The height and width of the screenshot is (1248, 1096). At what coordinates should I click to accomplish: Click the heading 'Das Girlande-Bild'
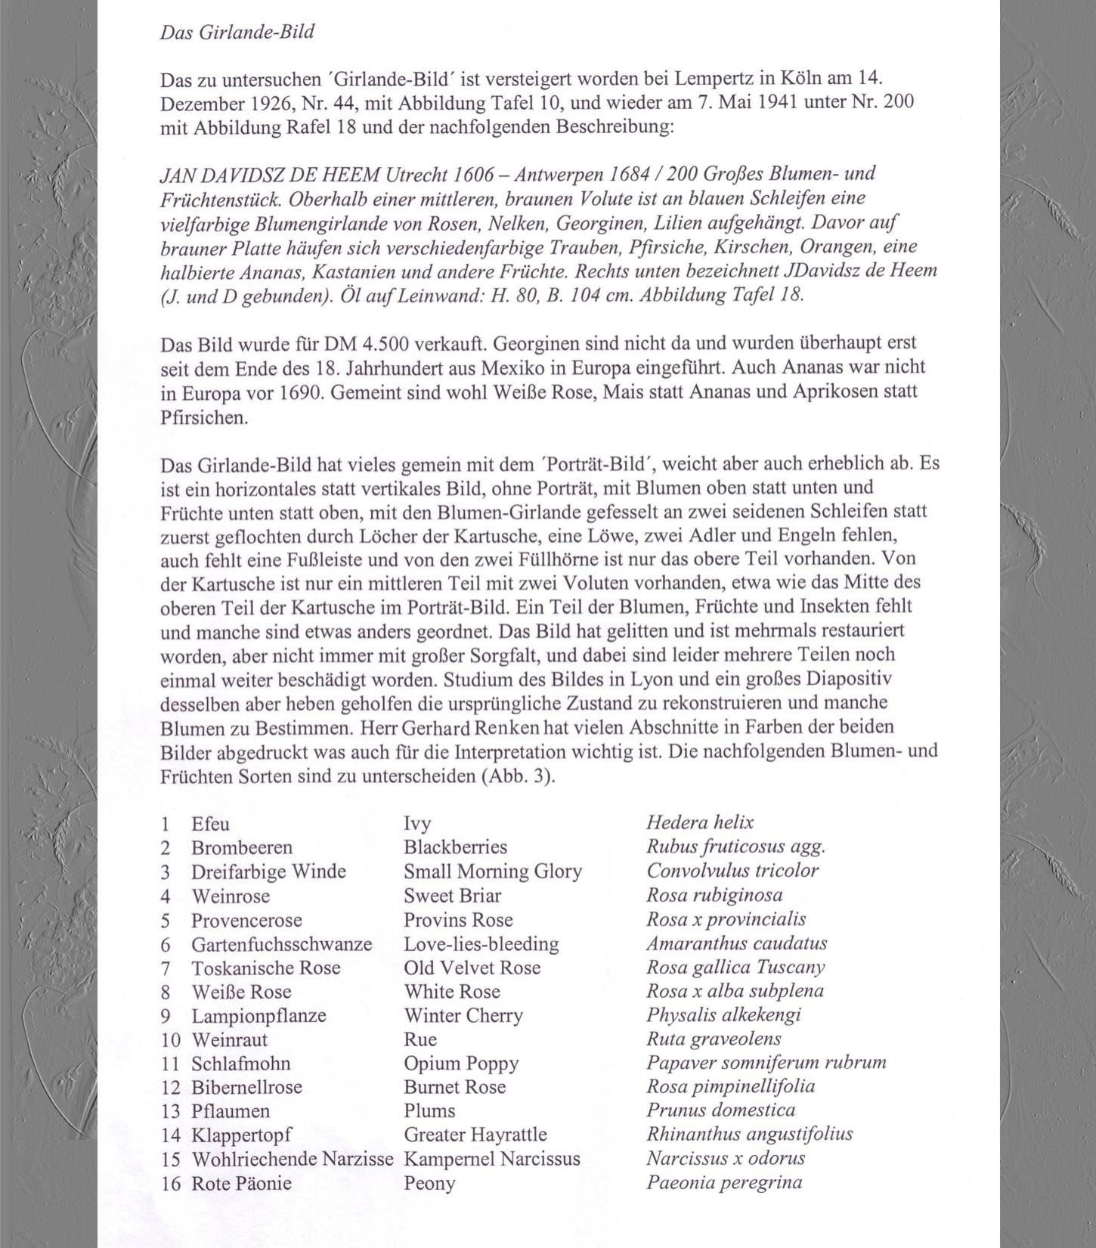[x=237, y=32]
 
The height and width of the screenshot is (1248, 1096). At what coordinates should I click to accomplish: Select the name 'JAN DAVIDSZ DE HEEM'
[x=270, y=175]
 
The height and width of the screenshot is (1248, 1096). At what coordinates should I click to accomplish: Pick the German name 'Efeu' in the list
[x=210, y=823]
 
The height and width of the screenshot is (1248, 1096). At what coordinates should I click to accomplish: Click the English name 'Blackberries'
[x=455, y=847]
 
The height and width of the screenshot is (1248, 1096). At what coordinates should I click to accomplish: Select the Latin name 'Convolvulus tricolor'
[x=732, y=870]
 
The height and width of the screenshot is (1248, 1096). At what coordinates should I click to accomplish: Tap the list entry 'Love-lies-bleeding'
[x=481, y=943]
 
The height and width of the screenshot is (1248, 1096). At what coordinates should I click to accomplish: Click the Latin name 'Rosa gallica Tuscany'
[x=735, y=967]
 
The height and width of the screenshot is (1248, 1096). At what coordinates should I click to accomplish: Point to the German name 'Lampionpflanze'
[x=259, y=1015]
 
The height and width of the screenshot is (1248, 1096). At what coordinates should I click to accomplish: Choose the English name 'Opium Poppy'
[x=461, y=1063]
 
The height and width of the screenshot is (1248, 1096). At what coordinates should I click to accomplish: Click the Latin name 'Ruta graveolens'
[x=714, y=1039]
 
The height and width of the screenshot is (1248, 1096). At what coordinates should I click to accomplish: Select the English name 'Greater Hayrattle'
[x=475, y=1134]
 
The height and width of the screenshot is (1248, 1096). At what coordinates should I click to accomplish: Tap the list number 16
[x=171, y=1183]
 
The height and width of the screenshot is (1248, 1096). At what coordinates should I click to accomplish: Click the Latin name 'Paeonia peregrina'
[x=723, y=1182]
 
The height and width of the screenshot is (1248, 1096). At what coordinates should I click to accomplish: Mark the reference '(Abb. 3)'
[x=518, y=776]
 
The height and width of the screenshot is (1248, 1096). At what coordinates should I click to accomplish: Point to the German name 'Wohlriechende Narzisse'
[x=293, y=1159]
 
